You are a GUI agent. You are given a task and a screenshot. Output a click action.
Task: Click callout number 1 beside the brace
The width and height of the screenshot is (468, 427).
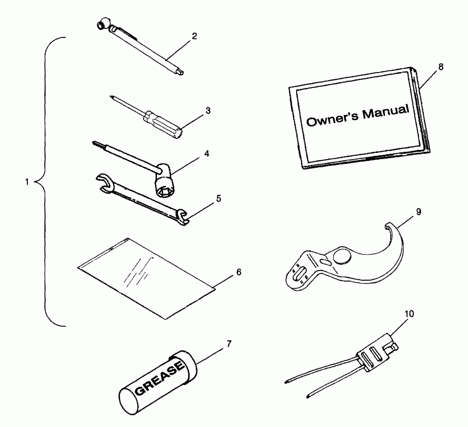point(27,182)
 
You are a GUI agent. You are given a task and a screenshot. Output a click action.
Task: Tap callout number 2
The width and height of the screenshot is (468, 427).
point(194,36)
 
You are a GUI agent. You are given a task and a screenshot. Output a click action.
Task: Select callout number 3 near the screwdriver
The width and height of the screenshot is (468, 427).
point(208,111)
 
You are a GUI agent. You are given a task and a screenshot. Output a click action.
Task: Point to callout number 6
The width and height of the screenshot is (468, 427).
point(239,272)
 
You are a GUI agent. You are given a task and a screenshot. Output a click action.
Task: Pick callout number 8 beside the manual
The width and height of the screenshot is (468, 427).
point(441,67)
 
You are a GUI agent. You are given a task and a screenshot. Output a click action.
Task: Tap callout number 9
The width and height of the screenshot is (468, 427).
point(418,212)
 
